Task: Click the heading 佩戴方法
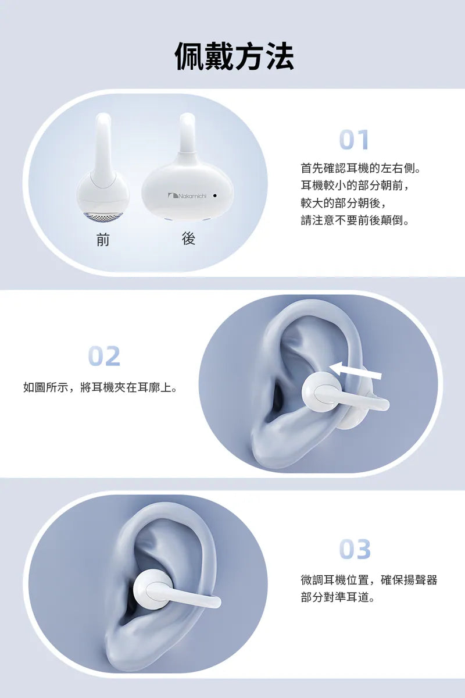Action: pos(234,56)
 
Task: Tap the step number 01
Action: pos(354,140)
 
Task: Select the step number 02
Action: pos(104,356)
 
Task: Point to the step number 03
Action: pos(355,549)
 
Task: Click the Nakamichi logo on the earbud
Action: pos(187,195)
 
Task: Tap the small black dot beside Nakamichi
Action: pos(214,195)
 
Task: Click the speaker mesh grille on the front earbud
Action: pos(103,218)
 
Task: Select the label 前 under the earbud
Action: pos(103,240)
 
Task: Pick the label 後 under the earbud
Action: pos(189,239)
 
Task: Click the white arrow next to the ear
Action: pos(355,372)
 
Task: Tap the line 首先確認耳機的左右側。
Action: pos(360,168)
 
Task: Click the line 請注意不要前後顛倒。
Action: pos(355,220)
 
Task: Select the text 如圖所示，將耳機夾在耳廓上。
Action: pos(101,387)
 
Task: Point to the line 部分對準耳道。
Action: pos(338,597)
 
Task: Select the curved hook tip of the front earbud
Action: pos(103,119)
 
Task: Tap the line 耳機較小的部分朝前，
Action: pos(355,186)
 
